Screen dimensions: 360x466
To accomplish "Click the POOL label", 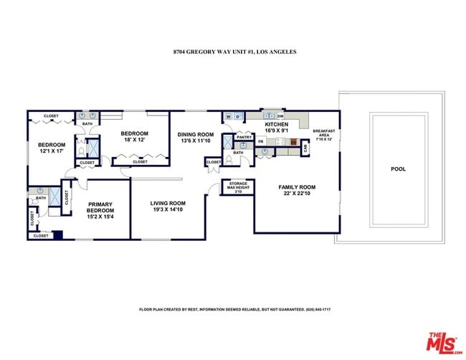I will click(x=398, y=169).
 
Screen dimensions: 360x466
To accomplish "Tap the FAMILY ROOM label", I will click(x=297, y=187).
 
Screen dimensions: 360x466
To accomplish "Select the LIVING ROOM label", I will click(x=168, y=203).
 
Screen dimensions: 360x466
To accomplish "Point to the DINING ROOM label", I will click(x=196, y=135).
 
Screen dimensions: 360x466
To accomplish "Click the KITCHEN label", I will click(x=276, y=124).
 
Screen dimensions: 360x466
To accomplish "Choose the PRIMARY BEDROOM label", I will click(x=100, y=207).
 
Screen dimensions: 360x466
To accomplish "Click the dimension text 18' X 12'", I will click(x=134, y=141).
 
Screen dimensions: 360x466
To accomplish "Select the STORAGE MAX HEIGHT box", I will click(x=237, y=186).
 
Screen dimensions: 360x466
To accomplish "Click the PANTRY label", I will click(x=244, y=137).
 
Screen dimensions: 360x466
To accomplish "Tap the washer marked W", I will click(x=229, y=116).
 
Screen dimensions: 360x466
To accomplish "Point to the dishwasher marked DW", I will click(x=280, y=115).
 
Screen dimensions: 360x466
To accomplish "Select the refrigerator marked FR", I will click(x=261, y=142).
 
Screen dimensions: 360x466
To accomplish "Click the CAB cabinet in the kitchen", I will click(x=305, y=148).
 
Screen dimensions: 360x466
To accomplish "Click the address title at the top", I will click(x=234, y=52).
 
